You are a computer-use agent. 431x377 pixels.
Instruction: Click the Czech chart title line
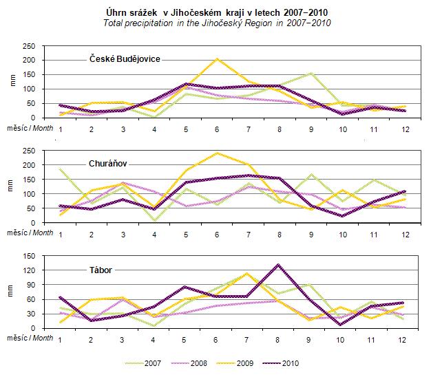click(215, 12)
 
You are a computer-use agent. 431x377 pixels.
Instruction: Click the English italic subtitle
click(215, 23)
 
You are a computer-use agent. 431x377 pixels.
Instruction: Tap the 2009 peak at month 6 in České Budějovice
click(218, 59)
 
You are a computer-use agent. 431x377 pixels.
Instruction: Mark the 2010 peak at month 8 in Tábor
click(277, 264)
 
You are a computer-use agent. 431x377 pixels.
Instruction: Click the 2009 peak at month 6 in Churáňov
click(218, 153)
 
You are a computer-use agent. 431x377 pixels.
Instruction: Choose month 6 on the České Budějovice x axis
click(218, 129)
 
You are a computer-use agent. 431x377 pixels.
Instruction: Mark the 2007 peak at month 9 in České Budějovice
click(311, 73)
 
